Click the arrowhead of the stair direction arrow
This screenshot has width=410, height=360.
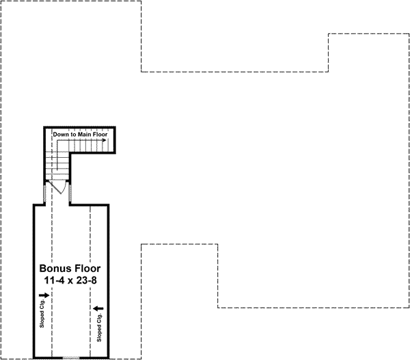[x=105, y=141]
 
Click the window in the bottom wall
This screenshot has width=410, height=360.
[x=72, y=357]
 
